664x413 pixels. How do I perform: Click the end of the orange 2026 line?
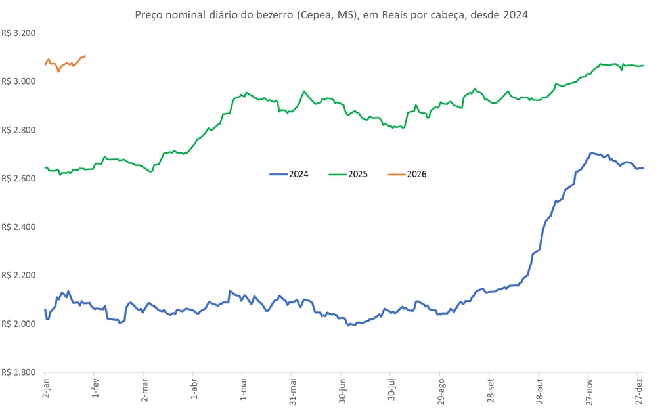click(85, 56)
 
